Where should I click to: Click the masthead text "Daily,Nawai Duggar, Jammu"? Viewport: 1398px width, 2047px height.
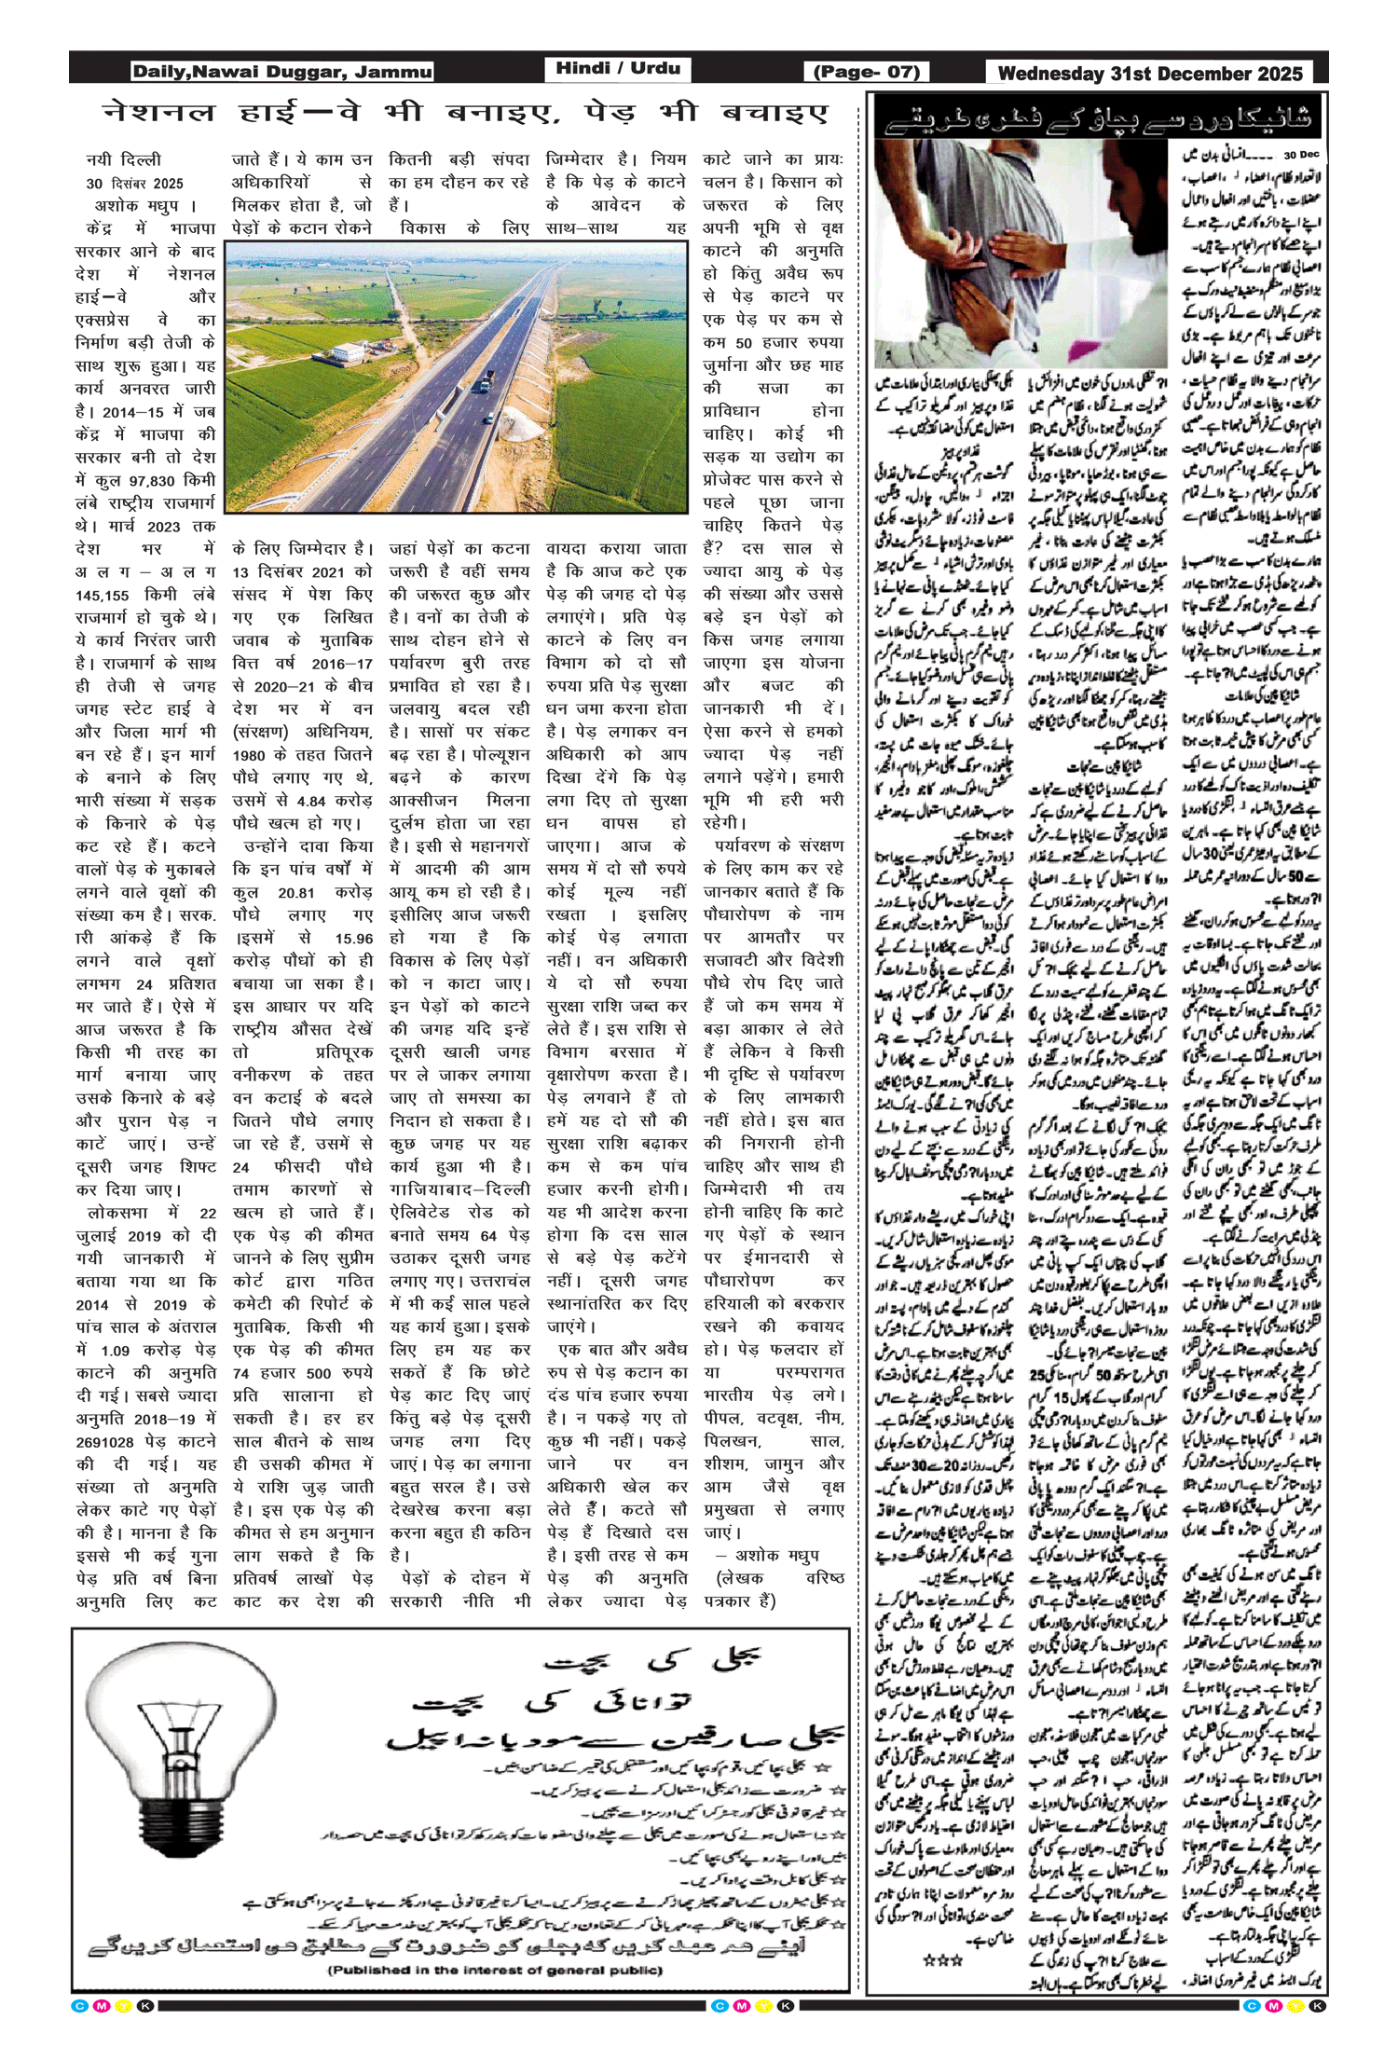(x=281, y=72)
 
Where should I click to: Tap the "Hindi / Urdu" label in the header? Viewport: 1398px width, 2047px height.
(x=618, y=68)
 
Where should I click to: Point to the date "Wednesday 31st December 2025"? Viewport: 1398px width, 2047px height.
(x=1149, y=74)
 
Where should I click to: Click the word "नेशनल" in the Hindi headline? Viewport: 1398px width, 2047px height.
(x=159, y=114)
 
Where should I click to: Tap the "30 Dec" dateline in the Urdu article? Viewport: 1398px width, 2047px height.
(x=1301, y=155)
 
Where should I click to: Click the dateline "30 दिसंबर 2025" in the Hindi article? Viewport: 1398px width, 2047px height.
(x=134, y=184)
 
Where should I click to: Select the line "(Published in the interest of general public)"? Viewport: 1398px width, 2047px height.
(x=495, y=1970)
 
